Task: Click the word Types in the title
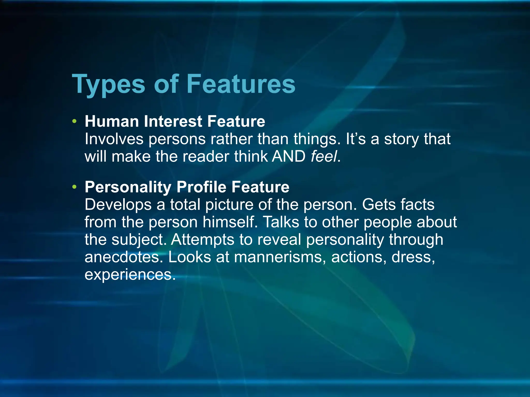click(x=108, y=84)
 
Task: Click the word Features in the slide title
click(x=241, y=84)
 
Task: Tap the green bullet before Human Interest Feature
click(x=75, y=121)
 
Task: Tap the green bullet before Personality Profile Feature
click(x=75, y=187)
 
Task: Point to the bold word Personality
click(x=128, y=187)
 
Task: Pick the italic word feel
click(x=324, y=156)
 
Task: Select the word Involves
click(x=114, y=139)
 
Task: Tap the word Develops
click(x=118, y=205)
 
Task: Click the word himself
click(x=230, y=222)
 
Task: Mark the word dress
click(x=413, y=257)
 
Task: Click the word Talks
click(x=281, y=222)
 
